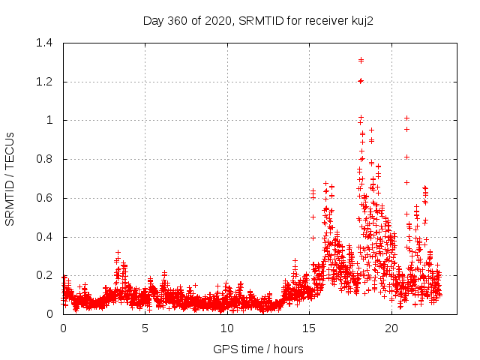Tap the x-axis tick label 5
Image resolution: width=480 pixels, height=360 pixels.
point(145,328)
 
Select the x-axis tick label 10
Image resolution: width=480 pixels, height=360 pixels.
point(227,328)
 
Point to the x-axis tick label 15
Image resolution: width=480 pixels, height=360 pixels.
point(309,328)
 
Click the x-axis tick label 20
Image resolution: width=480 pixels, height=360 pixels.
point(391,328)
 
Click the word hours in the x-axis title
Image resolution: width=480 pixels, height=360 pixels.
point(288,349)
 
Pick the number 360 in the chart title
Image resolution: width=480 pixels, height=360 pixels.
point(178,19)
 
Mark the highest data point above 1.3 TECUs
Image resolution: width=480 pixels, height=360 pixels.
point(361,60)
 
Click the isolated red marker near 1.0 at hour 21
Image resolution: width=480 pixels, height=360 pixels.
point(406,118)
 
